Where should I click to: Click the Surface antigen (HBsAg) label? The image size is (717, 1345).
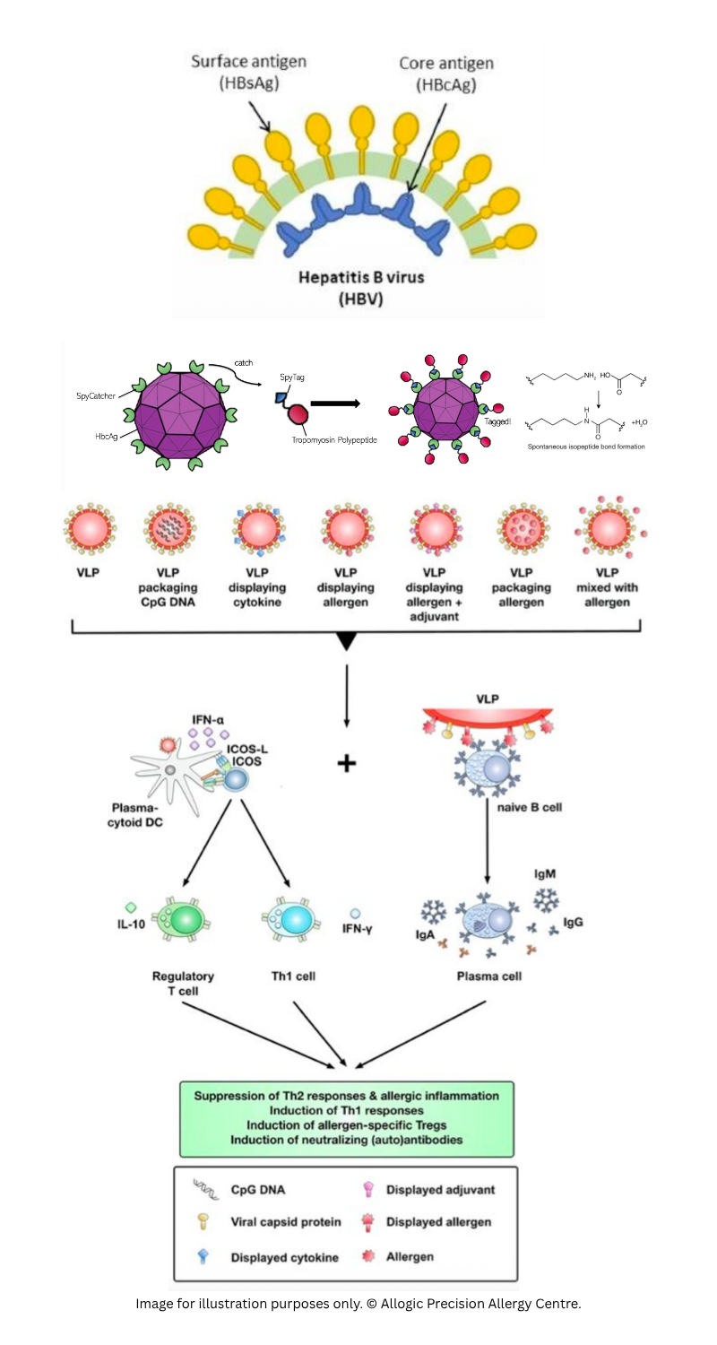248,72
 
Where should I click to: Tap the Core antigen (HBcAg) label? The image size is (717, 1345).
445,74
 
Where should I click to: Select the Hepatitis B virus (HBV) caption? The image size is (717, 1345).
361,288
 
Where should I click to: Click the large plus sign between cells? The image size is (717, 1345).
346,763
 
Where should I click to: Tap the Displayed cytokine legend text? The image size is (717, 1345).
284,1257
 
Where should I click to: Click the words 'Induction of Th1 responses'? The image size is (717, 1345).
346,1110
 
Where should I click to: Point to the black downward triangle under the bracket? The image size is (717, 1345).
347,639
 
